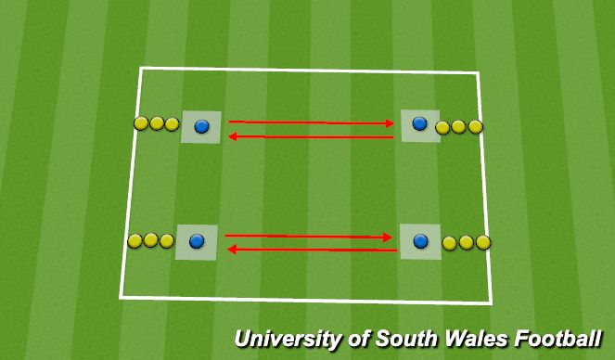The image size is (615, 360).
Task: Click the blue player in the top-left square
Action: click(202, 126)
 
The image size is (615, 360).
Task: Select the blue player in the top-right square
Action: click(419, 122)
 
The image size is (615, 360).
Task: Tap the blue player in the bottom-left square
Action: click(196, 241)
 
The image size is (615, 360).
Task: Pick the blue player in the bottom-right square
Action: click(421, 241)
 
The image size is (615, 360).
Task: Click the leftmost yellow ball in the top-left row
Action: click(141, 123)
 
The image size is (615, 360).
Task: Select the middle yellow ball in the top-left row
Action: click(157, 123)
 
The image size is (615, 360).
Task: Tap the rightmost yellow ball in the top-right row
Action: click(476, 126)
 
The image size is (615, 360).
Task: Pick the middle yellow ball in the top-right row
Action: click(459, 126)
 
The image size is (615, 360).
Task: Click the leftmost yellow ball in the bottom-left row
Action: click(135, 241)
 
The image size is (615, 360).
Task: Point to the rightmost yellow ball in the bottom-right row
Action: click(482, 242)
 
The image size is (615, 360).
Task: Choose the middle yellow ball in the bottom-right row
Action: click(467, 242)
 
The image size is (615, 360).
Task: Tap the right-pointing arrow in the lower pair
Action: click(309, 237)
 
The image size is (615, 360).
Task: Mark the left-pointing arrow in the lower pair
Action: click(313, 249)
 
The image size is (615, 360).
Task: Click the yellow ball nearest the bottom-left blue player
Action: click(167, 241)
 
